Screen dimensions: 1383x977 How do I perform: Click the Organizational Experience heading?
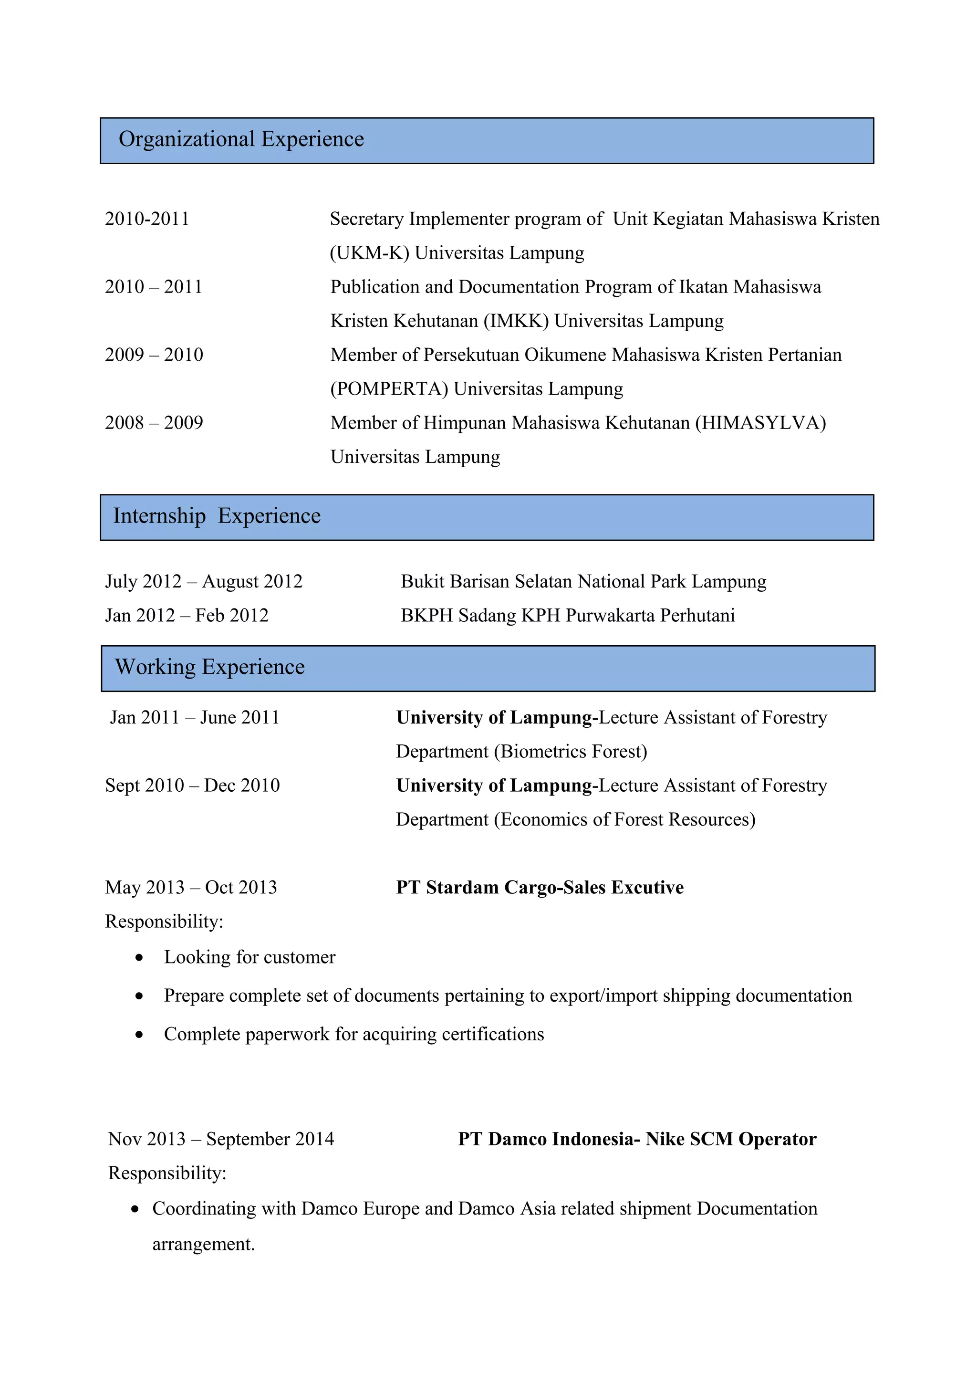[241, 139]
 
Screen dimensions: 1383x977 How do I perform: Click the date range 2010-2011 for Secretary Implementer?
[147, 219]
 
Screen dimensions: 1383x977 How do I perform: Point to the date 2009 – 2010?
[154, 355]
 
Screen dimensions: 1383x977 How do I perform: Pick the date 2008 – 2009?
[154, 423]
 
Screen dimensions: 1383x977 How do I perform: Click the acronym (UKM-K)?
[370, 253]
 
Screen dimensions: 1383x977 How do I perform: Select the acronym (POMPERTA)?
[389, 389]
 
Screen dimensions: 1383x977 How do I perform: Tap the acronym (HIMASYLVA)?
[760, 423]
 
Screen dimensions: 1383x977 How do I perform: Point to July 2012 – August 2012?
[204, 582]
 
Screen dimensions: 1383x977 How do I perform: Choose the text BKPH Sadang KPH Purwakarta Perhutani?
[568, 616]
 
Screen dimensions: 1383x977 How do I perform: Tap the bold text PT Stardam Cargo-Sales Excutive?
[540, 888]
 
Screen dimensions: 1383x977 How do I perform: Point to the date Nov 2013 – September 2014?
[221, 1140]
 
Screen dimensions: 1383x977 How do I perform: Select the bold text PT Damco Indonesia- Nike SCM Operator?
[637, 1140]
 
